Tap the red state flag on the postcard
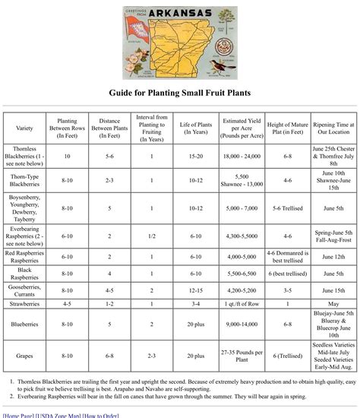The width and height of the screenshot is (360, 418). click(x=138, y=35)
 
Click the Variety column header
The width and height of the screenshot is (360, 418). click(x=24, y=128)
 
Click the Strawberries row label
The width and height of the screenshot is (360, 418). click(x=24, y=304)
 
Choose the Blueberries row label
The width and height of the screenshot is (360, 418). click(x=24, y=324)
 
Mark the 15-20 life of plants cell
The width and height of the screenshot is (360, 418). click(x=195, y=155)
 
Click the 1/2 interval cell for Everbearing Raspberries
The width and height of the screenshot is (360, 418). click(x=152, y=236)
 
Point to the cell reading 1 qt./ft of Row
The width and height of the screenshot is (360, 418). click(x=242, y=304)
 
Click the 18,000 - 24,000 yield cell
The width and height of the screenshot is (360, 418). click(x=242, y=155)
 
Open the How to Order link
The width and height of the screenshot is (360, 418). click(x=100, y=415)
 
